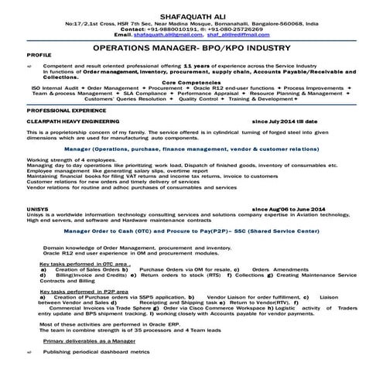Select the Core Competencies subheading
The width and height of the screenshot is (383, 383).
190,81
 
